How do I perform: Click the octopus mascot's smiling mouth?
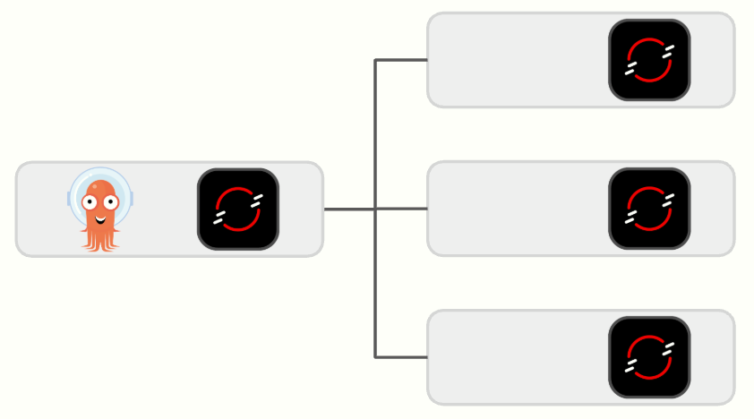pyautogui.click(x=100, y=217)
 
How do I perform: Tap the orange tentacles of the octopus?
pyautogui.click(x=99, y=239)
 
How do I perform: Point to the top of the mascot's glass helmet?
pyautogui.click(x=100, y=170)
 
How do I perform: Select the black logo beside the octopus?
pyautogui.click(x=237, y=209)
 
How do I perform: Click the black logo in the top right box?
pyautogui.click(x=649, y=60)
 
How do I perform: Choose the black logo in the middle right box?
pyautogui.click(x=649, y=209)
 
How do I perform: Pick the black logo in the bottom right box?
pyautogui.click(x=649, y=357)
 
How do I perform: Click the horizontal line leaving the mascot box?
pyautogui.click(x=348, y=209)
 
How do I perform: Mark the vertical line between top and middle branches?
pyautogui.click(x=375, y=134)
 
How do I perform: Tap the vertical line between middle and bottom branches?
pyautogui.click(x=375, y=283)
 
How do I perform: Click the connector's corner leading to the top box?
pyautogui.click(x=375, y=60)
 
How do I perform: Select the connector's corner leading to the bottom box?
pyautogui.click(x=375, y=357)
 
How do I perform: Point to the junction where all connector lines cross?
pyautogui.click(x=375, y=209)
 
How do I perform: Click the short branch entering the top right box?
pyautogui.click(x=401, y=60)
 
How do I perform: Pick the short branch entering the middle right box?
pyautogui.click(x=401, y=209)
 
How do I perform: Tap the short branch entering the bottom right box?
pyautogui.click(x=401, y=357)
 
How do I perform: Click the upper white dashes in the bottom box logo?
pyautogui.click(x=667, y=345)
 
